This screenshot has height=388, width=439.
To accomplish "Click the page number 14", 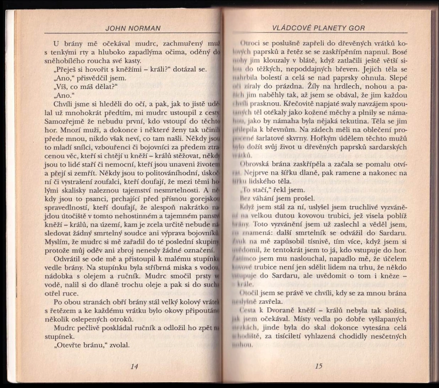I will point(134,366).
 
